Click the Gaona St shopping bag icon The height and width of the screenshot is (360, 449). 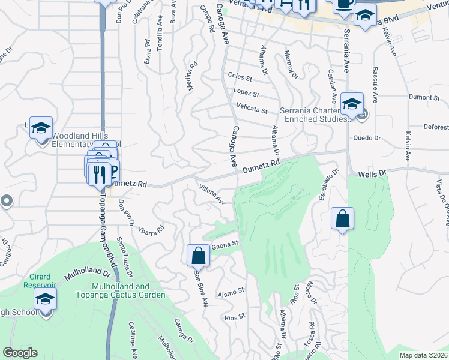[x=198, y=256]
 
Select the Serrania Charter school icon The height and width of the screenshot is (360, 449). [x=352, y=103]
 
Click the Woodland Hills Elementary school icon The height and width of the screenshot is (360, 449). [x=41, y=128]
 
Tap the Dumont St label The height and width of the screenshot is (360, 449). [x=424, y=97]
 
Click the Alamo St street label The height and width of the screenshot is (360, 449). [x=231, y=291]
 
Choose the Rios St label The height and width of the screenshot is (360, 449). [x=234, y=316]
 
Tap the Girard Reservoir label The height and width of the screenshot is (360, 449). [x=39, y=281]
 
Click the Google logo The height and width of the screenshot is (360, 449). [x=20, y=353]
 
